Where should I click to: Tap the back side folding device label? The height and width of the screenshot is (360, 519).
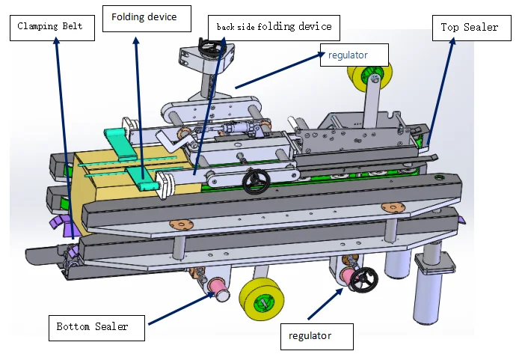(x=274, y=27)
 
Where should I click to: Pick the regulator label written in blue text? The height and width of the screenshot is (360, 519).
(x=353, y=54)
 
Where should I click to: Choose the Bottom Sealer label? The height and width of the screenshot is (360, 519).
(x=93, y=326)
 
